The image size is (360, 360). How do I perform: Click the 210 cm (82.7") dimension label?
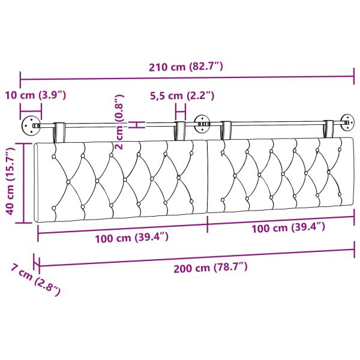(186, 67)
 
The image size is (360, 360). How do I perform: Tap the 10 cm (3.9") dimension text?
(35, 95)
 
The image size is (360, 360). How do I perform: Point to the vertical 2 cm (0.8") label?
(119, 122)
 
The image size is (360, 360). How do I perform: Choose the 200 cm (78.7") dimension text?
(209, 268)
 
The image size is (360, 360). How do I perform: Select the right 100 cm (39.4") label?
(288, 227)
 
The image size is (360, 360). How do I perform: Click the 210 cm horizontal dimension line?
(186, 77)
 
